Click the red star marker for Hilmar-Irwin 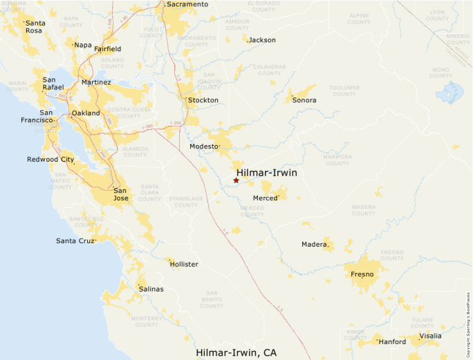click(x=236, y=180)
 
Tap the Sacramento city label click(x=187, y=4)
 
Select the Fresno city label click(x=362, y=274)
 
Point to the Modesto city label click(x=204, y=146)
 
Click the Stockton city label click(x=203, y=100)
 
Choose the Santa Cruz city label click(x=75, y=240)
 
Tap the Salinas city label click(x=151, y=289)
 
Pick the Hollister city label click(x=184, y=265)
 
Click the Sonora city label click(x=304, y=100)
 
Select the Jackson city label click(x=262, y=40)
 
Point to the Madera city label click(x=313, y=244)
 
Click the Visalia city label click(x=429, y=336)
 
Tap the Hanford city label click(x=392, y=341)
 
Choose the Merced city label click(x=265, y=198)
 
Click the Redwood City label click(x=50, y=160)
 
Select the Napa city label click(x=83, y=45)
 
